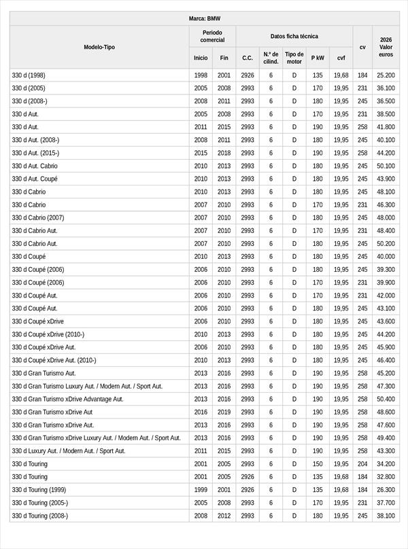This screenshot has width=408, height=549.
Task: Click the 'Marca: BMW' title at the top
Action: pos(204,18)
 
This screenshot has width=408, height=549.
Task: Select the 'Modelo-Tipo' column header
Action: pos(99,47)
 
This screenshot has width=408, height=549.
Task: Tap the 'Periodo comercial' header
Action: pos(212,36)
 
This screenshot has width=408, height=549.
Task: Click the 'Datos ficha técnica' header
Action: pos(294,36)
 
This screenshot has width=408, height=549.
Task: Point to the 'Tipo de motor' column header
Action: pos(294,58)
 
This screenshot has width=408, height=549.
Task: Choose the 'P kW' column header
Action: pos(318,58)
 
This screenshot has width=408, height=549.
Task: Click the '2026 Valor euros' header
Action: pos(386,47)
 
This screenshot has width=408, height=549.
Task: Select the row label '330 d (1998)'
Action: pos(29,75)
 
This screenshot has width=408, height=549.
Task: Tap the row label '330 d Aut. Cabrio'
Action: pos(35,166)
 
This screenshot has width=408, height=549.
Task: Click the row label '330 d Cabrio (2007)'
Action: pos(38,217)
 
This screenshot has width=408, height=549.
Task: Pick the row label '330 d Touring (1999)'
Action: pos(39,490)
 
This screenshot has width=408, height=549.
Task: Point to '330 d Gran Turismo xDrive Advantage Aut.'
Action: pos(68,399)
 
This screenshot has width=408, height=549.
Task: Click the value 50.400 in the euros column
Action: pos(386,399)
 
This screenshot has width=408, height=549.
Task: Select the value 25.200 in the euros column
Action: pos(386,75)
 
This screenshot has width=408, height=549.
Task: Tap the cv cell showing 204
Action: pos(362,464)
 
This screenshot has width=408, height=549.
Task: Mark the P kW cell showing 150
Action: pos(318,464)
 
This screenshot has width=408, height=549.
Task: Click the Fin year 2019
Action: pos(224,412)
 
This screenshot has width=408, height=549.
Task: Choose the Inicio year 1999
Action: pos(201,490)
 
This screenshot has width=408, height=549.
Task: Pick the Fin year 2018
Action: pos(224,153)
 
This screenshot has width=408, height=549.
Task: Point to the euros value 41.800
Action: pos(386,127)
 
